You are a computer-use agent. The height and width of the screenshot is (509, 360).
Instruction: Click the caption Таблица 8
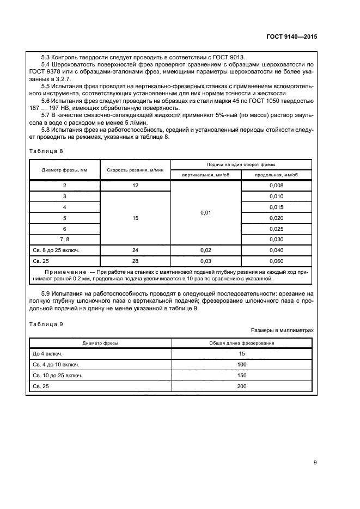46,151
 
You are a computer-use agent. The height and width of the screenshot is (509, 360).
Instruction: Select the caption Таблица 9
46,324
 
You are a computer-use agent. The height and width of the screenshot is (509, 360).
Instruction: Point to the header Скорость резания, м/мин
135,170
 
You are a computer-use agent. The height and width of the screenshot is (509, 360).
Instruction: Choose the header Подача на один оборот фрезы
241,164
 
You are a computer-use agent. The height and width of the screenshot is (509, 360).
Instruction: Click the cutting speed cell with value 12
135,186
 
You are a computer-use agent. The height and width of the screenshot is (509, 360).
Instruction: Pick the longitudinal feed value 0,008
276,186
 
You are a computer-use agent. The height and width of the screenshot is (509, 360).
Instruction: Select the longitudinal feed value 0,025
276,229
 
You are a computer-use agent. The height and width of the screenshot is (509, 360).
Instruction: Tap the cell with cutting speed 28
135,261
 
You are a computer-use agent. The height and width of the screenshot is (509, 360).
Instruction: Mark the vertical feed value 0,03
205,261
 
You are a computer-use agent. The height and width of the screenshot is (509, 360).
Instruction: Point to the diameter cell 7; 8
65,240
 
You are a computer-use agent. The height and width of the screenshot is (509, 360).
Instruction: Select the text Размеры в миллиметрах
282,330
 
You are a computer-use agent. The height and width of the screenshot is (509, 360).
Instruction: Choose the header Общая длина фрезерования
241,343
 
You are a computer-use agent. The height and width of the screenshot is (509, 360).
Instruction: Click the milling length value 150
241,376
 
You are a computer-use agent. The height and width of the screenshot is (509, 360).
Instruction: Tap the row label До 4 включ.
48,354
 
